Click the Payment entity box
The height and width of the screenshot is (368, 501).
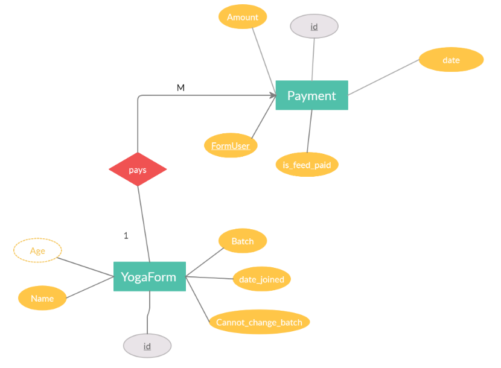311,95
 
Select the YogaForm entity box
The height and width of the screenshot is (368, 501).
149,277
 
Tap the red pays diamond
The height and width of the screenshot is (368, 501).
138,170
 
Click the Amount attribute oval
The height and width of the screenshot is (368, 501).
243,17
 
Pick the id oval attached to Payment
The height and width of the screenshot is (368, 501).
314,27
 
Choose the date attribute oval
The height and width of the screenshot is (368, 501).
451,60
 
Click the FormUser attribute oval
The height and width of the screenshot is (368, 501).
231,145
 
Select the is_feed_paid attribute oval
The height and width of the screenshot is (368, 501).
307,164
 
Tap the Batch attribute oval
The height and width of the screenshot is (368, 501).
242,241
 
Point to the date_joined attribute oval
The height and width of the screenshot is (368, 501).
261,279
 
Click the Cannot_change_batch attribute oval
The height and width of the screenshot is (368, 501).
260,322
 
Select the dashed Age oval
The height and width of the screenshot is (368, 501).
37,250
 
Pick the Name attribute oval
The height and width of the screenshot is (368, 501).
42,298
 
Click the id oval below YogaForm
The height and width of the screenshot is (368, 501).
147,346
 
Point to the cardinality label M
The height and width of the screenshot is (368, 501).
180,88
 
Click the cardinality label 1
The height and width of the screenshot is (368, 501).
126,236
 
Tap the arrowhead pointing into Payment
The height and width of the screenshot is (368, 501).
272,95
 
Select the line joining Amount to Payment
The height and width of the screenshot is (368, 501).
264,54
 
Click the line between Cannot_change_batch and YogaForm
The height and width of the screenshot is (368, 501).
197,300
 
